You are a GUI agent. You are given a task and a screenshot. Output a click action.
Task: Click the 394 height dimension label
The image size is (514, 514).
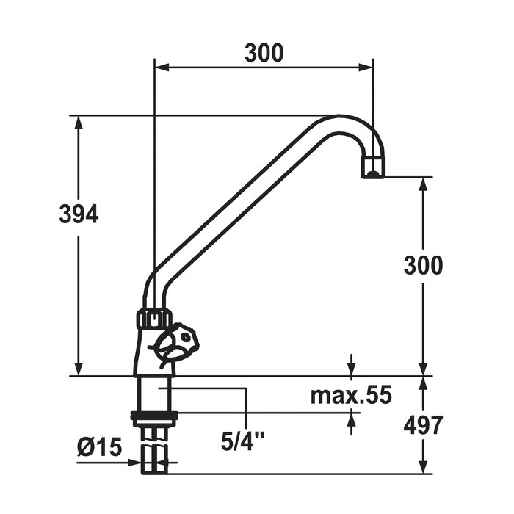pos(79,214)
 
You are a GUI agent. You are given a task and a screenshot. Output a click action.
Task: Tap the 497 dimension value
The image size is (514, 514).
pos(423,425)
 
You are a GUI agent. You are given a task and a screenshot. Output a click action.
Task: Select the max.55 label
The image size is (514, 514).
pos(351,395)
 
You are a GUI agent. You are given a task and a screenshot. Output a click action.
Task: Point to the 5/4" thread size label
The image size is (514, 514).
pos(243,441)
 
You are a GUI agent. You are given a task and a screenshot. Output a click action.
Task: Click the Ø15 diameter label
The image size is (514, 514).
pos(99,446)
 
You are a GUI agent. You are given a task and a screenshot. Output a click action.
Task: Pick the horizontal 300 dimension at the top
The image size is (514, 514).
pos(264,53)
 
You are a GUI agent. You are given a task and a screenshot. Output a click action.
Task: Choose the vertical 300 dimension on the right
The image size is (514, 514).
pos(423,265)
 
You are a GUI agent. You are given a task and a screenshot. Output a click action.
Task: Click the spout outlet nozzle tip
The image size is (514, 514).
pos(373,167)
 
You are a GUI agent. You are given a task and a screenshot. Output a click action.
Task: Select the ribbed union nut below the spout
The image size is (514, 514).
pos(154,318)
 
